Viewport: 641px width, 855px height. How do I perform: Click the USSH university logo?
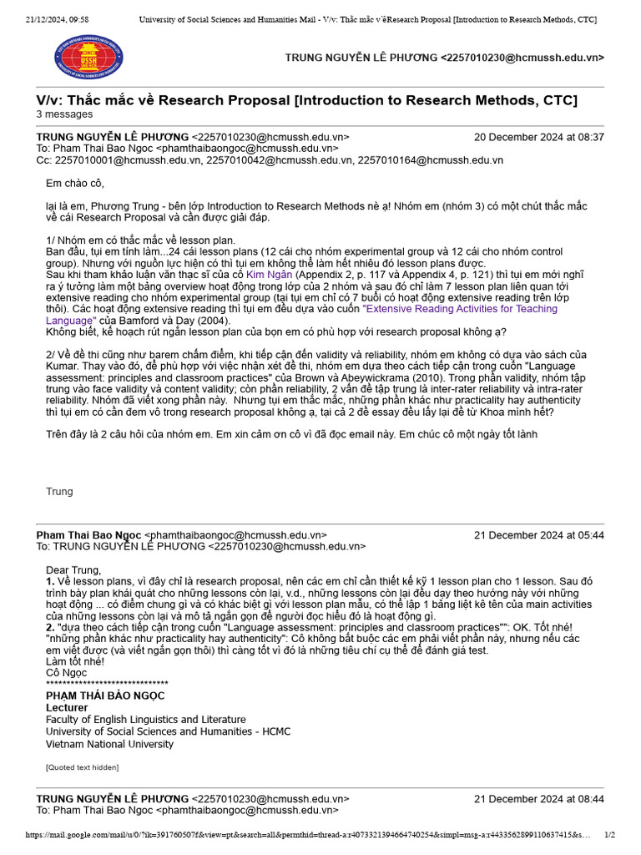[x=88, y=58]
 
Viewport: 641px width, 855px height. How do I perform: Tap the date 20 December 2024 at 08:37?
[x=539, y=137]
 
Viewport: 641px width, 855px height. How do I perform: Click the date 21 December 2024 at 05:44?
[x=539, y=535]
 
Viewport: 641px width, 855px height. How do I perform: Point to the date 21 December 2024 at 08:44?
[x=539, y=798]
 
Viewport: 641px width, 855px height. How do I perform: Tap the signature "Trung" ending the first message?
[x=59, y=491]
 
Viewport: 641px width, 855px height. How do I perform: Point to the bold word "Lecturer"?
[x=67, y=707]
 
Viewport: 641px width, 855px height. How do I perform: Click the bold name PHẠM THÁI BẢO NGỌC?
[x=105, y=695]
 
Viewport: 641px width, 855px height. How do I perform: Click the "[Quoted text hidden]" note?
[x=82, y=766]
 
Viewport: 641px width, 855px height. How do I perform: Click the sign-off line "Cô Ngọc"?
[x=67, y=672]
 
